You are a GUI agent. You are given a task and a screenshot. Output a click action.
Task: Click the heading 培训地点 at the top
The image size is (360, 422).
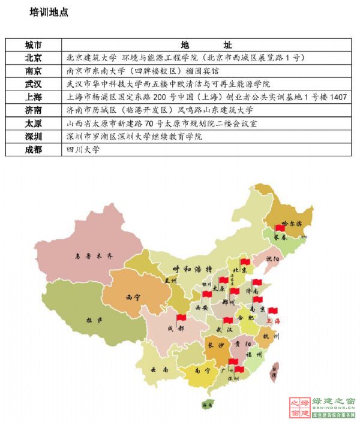point(49,12)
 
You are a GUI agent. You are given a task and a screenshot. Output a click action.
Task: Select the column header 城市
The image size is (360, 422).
point(34,45)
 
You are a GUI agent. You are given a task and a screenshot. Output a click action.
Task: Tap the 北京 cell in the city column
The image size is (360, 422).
point(34,58)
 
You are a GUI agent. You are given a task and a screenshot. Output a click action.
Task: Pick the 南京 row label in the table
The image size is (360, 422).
point(34,71)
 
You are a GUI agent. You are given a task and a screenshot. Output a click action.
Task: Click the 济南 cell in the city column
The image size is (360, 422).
point(34,110)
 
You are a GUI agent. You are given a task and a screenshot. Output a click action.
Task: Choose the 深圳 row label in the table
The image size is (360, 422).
point(34,137)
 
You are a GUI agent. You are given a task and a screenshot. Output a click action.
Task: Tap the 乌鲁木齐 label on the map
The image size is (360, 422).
point(93,255)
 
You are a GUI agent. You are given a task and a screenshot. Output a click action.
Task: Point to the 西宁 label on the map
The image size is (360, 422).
point(133,297)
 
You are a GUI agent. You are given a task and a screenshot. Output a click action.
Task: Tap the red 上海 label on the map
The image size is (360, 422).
point(273,321)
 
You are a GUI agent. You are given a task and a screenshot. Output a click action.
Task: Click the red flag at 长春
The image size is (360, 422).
point(279,228)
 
